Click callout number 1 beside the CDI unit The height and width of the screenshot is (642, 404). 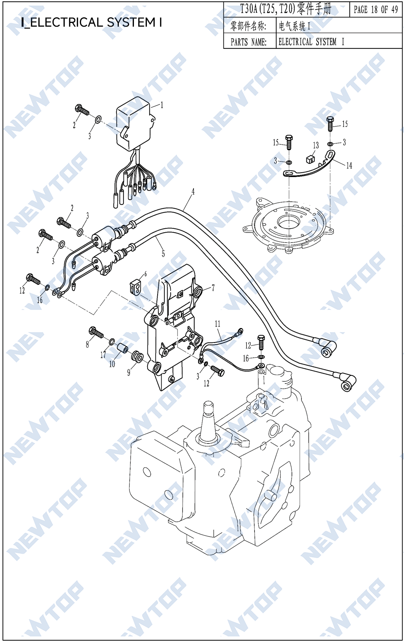click(162, 105)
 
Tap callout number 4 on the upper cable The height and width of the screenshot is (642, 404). click(193, 191)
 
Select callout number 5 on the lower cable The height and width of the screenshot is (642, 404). click(163, 254)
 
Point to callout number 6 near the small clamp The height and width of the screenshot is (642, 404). click(145, 274)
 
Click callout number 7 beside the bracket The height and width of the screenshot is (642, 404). click(213, 288)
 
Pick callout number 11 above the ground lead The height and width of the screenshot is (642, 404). click(218, 324)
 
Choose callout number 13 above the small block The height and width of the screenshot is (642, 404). click(316, 146)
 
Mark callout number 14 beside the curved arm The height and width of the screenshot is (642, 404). click(349, 165)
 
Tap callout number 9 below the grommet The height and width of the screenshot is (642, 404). click(129, 372)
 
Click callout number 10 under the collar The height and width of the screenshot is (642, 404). click(112, 364)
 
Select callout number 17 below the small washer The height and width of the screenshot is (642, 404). click(103, 355)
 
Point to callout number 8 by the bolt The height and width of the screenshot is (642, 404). click(87, 344)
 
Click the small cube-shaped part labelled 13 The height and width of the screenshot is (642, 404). click(310, 159)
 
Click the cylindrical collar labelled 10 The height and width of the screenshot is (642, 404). click(122, 349)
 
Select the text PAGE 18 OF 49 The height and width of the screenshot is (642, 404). click(376, 10)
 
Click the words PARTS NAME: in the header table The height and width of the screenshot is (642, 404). click(248, 42)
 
